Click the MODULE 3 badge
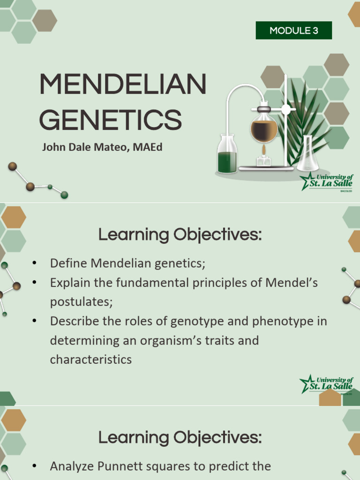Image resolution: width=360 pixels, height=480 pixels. point(294,31)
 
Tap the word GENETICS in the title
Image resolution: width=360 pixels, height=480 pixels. point(111,120)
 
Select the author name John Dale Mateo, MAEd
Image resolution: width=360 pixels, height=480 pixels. point(102,147)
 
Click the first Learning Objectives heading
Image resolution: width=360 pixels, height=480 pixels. point(180,234)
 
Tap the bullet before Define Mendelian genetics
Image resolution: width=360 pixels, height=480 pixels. point(34,263)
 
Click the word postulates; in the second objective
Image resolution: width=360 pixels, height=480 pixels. point(82,302)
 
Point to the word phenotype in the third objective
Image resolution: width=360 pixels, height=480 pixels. point(282,322)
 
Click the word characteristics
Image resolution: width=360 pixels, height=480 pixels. point(91,360)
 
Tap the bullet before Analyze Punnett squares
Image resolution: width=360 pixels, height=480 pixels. point(34,466)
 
